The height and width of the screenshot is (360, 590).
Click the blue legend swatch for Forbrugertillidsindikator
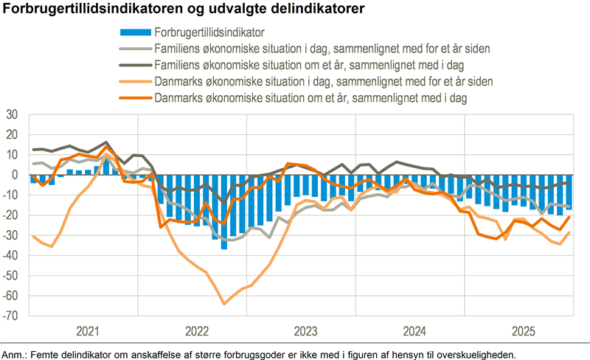[134, 32]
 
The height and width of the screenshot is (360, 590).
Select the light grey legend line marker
[134, 48]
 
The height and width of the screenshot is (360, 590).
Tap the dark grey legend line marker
[134, 64]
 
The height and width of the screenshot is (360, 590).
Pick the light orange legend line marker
[134, 80]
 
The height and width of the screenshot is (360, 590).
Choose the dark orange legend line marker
[134, 97]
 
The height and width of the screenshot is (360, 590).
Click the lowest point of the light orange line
[223, 303]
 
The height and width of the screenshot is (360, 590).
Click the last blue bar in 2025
[569, 193]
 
